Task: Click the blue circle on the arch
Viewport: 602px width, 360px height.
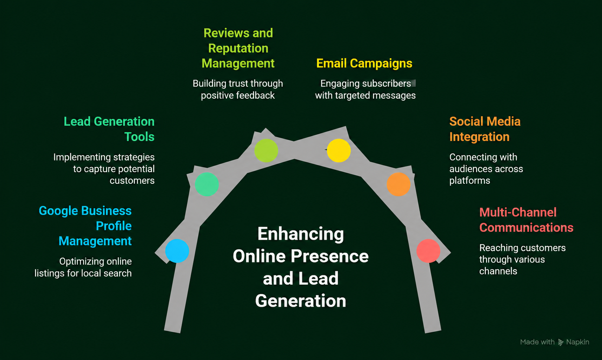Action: pos(177,251)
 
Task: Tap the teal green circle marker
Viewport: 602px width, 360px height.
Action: pos(206,184)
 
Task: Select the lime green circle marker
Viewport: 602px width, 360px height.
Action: pos(266,150)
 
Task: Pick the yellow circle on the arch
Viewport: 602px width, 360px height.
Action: pos(339,150)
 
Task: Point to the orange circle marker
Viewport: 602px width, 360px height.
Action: pos(398,184)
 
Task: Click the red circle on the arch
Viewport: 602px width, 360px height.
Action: pos(428,251)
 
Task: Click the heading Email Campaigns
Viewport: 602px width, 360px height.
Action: pos(364,63)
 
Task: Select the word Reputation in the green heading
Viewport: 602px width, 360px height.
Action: pos(238,49)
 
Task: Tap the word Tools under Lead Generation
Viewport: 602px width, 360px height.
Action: pos(139,137)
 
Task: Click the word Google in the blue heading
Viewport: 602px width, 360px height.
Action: pos(58,211)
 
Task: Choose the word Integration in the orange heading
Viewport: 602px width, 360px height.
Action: pos(479,137)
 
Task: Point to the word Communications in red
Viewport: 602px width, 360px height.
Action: pos(526,228)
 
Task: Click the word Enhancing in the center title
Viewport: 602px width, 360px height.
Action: pos(301,234)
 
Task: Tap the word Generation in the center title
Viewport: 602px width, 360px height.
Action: pos(301,301)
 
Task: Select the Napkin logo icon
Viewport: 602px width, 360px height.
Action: pos(561,342)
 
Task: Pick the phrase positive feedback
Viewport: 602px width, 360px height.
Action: pos(238,96)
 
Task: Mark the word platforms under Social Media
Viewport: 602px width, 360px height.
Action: pos(470,181)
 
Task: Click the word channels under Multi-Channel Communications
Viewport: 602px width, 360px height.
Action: pos(498,271)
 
